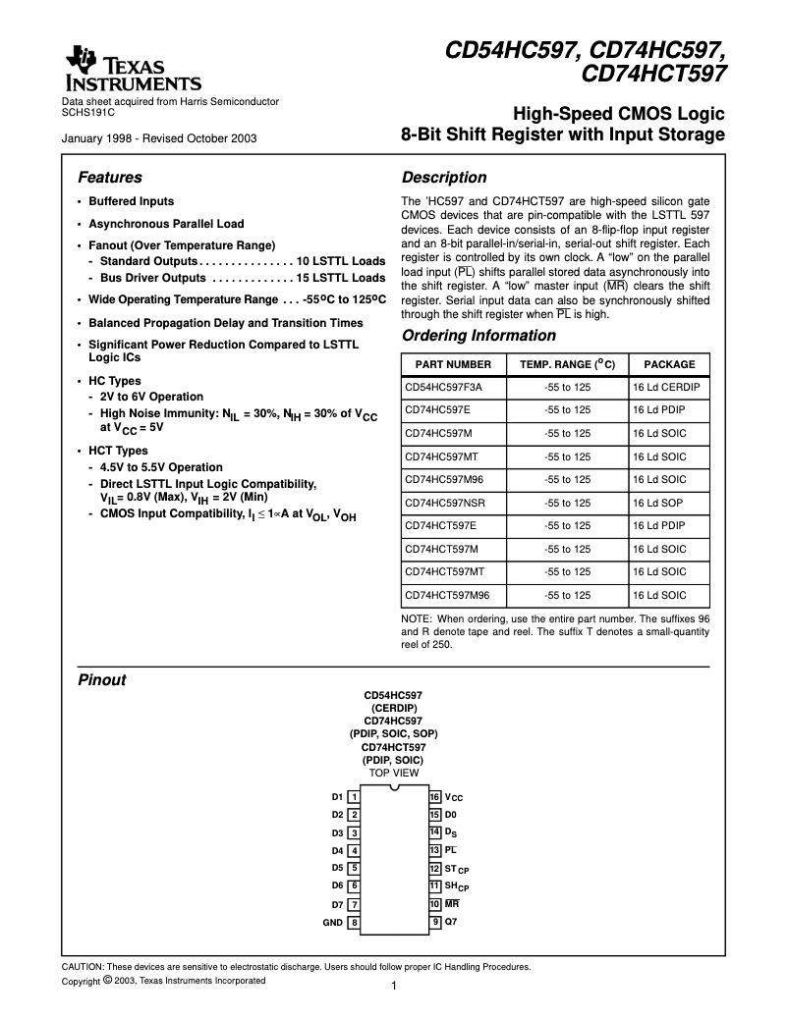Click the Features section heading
pos(109,178)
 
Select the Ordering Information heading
pos(478,336)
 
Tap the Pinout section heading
pos(101,679)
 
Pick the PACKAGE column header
pos(668,364)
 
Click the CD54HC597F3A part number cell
pos(443,387)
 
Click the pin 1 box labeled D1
pos(354,797)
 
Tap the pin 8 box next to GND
pos(354,923)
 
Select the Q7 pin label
pos(451,922)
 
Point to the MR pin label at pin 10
pos(451,904)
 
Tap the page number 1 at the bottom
pos(393,987)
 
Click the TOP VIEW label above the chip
pos(393,774)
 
